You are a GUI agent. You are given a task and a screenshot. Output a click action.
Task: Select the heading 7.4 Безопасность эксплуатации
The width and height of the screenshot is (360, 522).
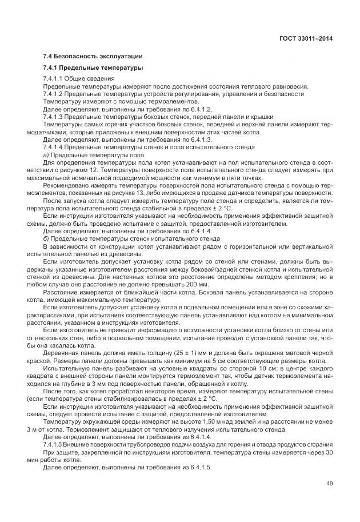tap(93, 56)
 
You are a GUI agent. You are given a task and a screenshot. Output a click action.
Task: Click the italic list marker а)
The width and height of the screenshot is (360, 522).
tap(46, 154)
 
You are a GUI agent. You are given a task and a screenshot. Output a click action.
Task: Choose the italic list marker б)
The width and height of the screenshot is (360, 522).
tap(46, 238)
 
